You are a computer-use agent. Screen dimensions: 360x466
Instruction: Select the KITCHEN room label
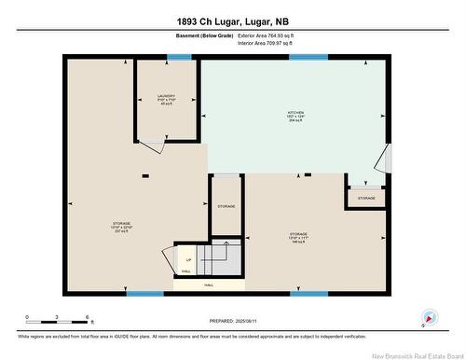tap(295, 115)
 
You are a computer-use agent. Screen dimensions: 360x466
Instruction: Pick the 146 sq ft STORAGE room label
tap(298, 236)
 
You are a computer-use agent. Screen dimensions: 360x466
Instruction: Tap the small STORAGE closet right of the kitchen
tap(366, 198)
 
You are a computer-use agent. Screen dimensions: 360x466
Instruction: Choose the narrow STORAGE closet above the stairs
tap(226, 205)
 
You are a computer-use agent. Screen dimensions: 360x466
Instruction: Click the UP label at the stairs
tap(188, 259)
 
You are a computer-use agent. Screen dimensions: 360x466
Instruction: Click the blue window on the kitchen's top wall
tap(308, 58)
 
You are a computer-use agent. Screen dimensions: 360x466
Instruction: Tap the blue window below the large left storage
tap(144, 294)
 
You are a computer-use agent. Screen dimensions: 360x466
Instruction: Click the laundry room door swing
tap(147, 147)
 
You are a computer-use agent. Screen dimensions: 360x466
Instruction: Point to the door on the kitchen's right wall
tap(389, 159)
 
